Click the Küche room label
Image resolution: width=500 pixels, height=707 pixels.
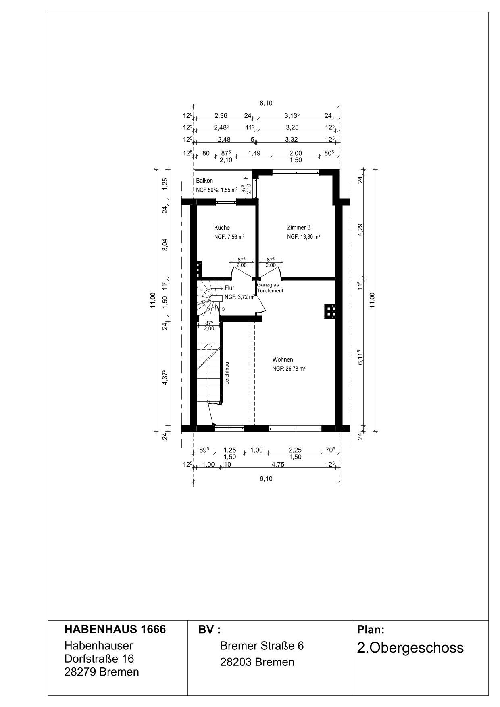[222, 228]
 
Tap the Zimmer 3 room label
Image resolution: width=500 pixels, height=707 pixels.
[298, 227]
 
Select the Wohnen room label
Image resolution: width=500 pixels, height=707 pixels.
[283, 359]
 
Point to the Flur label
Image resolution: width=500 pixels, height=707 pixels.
[229, 288]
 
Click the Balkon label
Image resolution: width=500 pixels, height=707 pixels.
[204, 181]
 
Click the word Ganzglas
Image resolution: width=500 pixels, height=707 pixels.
[268, 285]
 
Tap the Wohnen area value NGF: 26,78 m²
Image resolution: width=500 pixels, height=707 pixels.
[289, 368]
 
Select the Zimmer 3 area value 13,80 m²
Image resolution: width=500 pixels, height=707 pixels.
[310, 237]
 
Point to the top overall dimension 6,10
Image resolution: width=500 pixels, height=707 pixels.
[266, 103]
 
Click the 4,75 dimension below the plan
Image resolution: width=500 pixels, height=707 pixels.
[278, 464]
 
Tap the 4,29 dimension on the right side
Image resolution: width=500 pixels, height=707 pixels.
[360, 229]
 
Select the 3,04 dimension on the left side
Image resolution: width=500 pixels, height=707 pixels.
[165, 244]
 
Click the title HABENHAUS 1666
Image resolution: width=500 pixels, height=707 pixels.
[115, 629]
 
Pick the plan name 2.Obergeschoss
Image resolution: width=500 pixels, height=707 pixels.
[410, 648]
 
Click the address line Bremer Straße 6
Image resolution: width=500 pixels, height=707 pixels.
[262, 646]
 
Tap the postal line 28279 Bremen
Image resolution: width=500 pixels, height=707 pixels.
[102, 672]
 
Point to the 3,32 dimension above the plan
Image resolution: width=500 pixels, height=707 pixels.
[291, 140]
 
